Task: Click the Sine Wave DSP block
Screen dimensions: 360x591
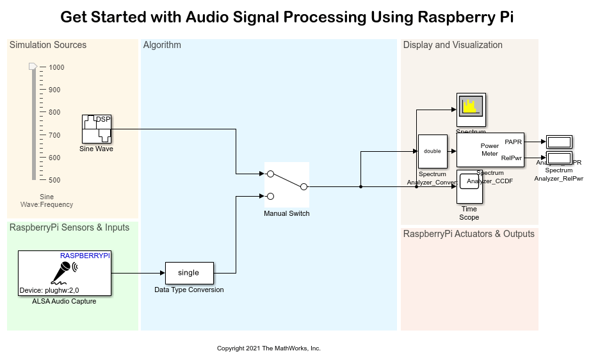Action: pyautogui.click(x=97, y=129)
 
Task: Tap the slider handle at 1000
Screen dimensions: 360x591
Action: pyautogui.click(x=33, y=67)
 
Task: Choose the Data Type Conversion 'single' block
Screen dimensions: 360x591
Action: pyautogui.click(x=190, y=273)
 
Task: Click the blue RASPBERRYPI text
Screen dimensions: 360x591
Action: pyautogui.click(x=85, y=256)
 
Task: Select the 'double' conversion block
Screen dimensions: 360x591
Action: pyautogui.click(x=432, y=151)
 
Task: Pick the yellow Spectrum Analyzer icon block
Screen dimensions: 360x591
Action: pyautogui.click(x=471, y=110)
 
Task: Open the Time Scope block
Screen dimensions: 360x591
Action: pyautogui.click(x=469, y=186)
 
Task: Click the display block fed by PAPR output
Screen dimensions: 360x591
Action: pyautogui.click(x=560, y=142)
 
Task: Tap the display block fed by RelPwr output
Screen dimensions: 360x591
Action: pyautogui.click(x=560, y=158)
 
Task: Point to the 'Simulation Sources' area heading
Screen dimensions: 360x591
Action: pyautogui.click(x=48, y=45)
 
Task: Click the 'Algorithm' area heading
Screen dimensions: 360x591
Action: pyautogui.click(x=162, y=45)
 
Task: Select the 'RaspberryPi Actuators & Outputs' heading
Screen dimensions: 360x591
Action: pyautogui.click(x=469, y=234)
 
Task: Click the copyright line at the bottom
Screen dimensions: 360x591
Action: pyautogui.click(x=269, y=348)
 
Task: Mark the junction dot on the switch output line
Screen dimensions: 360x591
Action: pyautogui.click(x=361, y=186)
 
